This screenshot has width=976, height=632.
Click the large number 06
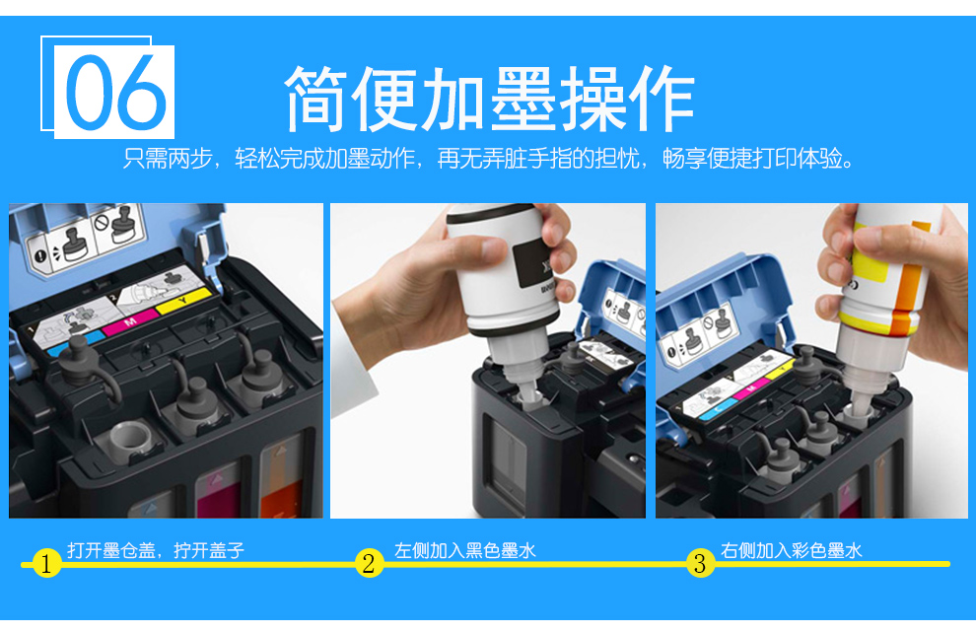point(115,92)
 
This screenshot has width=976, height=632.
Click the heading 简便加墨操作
point(489,100)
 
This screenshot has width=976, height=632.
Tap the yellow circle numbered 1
point(46,564)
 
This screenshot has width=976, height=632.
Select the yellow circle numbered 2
point(369,563)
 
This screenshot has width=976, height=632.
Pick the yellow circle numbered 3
point(700,563)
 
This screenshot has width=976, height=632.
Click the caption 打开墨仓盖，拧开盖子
point(156,550)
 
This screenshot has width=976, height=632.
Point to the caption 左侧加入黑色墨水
point(465,550)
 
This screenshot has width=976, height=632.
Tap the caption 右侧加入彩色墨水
point(791,550)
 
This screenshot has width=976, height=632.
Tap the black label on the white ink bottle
point(532,262)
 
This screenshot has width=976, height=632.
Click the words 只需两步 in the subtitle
point(168,158)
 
